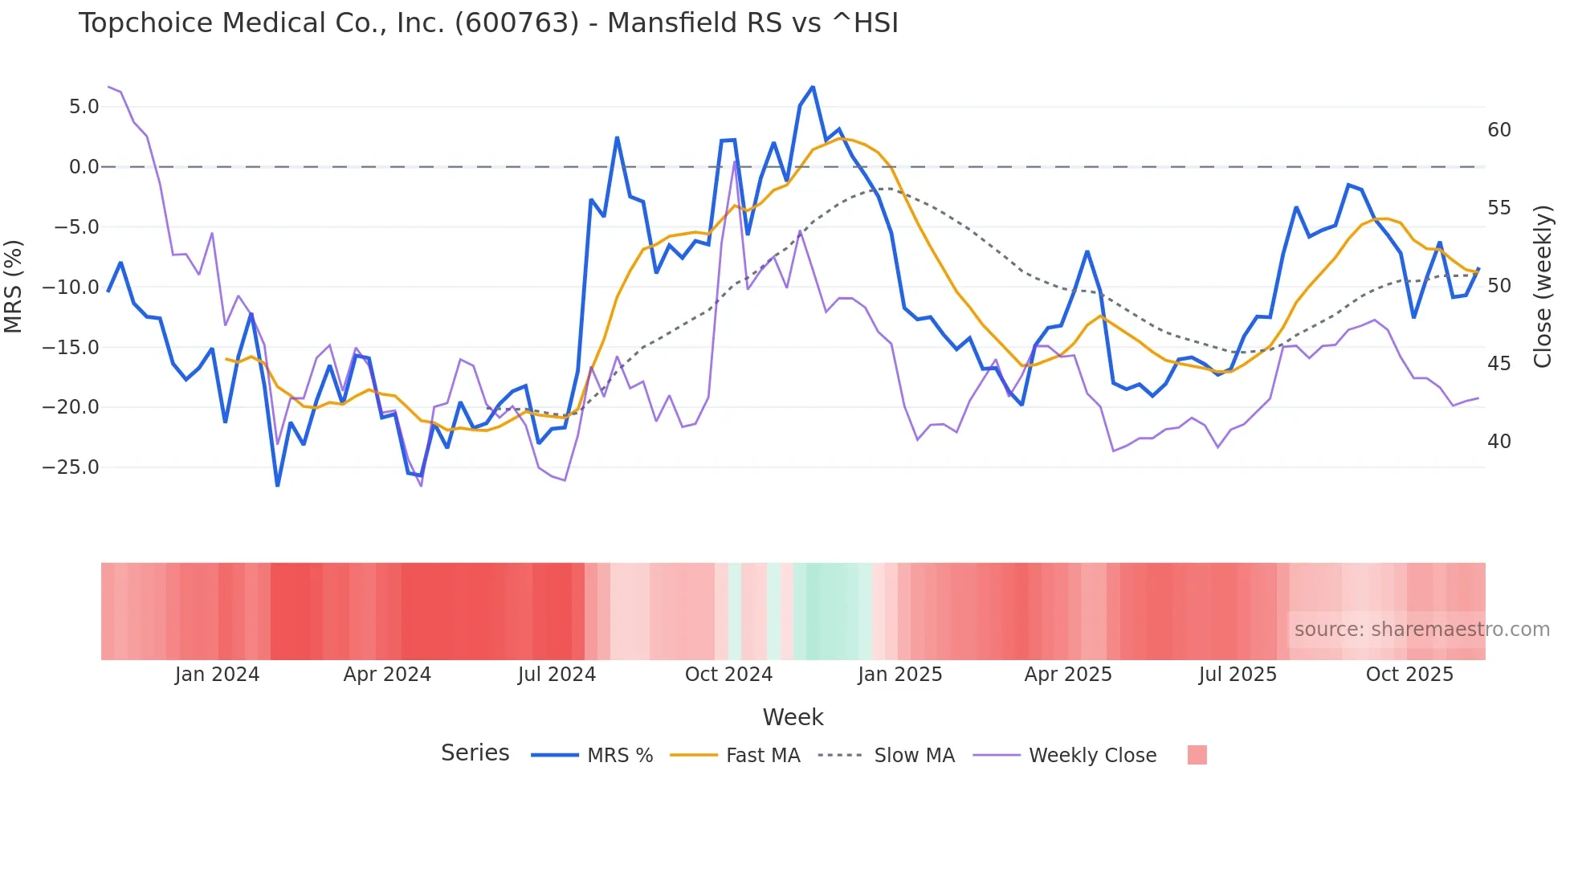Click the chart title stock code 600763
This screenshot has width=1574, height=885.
(516, 23)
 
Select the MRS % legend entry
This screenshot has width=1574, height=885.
(619, 756)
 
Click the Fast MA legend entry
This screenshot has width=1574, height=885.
(762, 756)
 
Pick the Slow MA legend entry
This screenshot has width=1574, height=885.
(914, 756)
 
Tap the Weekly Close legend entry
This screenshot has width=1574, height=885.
(1092, 756)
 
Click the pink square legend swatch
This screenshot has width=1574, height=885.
(1197, 755)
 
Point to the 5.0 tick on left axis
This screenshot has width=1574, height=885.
(84, 107)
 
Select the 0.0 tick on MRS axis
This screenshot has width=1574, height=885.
(84, 167)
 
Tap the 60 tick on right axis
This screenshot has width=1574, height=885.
(1499, 130)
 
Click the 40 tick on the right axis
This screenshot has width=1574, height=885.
(1499, 442)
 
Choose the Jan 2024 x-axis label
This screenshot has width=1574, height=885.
(217, 675)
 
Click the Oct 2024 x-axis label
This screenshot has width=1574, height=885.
(728, 675)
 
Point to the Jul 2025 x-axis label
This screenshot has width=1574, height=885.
(1238, 675)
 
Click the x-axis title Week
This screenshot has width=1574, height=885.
(793, 717)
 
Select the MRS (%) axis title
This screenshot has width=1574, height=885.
(14, 287)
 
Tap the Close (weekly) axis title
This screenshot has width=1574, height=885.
(1542, 287)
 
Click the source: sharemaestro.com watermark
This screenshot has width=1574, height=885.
(1421, 630)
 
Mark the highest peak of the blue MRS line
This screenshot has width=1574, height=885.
(813, 87)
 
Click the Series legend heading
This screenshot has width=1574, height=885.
(475, 753)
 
